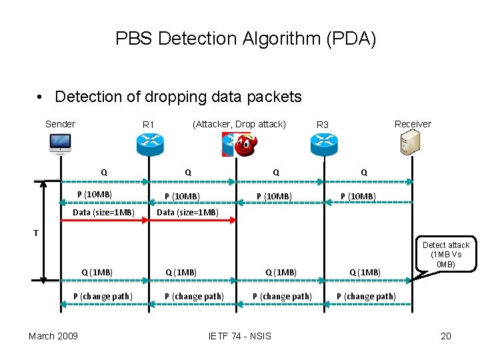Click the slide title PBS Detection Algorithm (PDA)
tap(245, 39)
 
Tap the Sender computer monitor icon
tap(61, 143)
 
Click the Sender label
tap(60, 124)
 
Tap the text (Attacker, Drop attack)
tap(239, 124)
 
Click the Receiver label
tap(413, 124)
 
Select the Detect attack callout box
tap(445, 255)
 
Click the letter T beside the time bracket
tap(37, 233)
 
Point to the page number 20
tap(446, 335)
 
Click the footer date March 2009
tap(53, 335)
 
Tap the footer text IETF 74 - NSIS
tap(240, 335)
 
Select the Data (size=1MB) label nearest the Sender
tap(103, 213)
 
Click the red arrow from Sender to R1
tap(104, 220)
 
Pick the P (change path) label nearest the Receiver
tap(366, 296)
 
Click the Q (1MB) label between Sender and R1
tap(97, 272)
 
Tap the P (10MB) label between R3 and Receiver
tap(358, 196)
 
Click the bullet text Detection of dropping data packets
tap(178, 97)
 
